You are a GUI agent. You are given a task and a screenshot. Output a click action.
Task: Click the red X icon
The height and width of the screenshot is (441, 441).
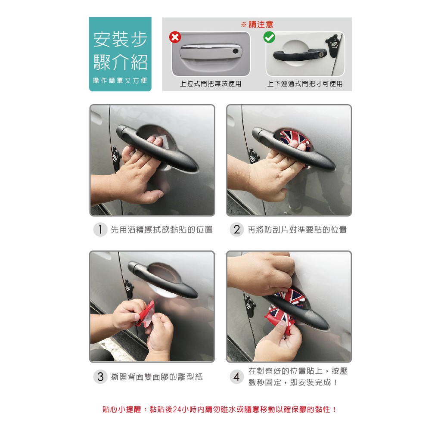pos(175,37)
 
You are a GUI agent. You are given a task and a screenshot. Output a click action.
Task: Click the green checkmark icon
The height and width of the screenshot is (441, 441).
pos(269,37)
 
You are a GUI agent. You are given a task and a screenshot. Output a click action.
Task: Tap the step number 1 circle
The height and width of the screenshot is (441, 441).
pos(100,230)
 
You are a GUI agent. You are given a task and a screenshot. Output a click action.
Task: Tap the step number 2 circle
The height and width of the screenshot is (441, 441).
pos(237,230)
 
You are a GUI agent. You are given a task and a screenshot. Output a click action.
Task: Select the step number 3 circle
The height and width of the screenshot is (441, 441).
pos(100,376)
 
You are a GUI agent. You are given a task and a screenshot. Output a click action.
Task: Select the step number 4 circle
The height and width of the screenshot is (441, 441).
pos(237,376)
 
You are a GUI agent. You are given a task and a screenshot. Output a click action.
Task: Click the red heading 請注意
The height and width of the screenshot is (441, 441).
pos(261,25)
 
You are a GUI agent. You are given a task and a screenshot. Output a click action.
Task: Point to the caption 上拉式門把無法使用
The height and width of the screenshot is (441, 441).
pos(211,84)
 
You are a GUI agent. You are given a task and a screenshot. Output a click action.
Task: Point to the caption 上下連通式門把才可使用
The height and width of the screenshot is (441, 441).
pos(305,84)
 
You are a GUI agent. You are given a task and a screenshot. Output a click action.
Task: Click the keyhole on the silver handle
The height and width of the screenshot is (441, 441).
pos(236,51)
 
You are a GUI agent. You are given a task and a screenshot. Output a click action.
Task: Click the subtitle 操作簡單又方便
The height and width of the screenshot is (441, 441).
pos(120,81)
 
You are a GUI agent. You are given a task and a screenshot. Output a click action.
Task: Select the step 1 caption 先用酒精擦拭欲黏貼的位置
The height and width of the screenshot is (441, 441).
pos(162,230)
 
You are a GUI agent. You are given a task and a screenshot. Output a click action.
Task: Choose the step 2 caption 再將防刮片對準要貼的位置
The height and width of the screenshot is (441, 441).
pos(297,230)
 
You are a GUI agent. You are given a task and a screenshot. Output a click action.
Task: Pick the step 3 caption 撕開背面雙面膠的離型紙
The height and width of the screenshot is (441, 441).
pos(157,377)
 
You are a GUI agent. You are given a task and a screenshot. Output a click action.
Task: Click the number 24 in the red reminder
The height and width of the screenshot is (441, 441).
pos(177,410)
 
